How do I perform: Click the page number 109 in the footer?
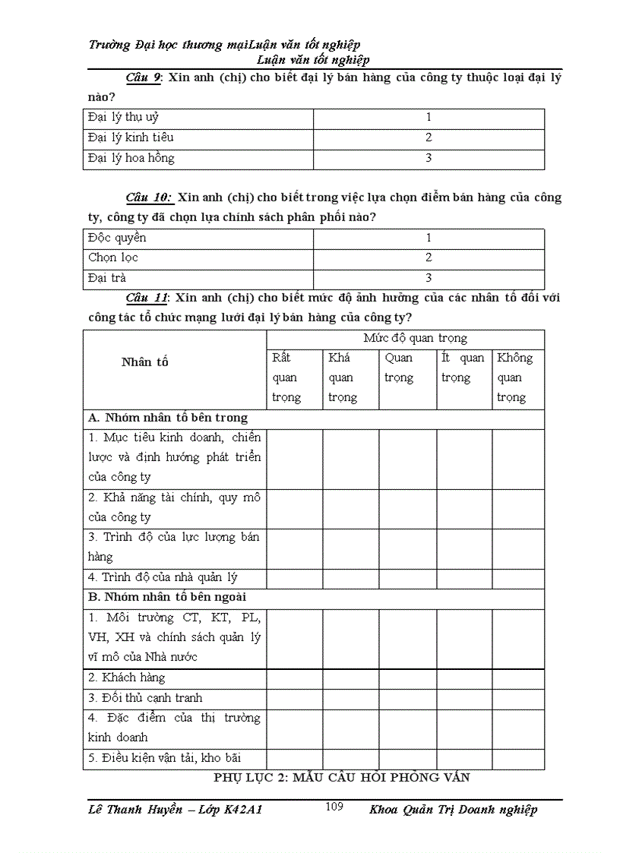334,807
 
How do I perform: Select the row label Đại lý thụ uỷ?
123,118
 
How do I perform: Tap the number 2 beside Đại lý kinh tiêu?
429,137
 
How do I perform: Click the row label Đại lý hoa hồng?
131,158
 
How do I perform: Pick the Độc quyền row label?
117,238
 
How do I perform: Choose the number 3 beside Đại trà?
429,278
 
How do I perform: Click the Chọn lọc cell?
113,257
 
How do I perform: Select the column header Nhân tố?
144,362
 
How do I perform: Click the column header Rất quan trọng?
286,378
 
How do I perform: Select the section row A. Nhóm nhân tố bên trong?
168,418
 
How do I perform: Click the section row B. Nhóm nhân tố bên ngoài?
167,597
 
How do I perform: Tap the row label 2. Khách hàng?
127,678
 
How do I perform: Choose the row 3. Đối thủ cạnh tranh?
145,697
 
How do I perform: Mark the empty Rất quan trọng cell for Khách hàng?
294,678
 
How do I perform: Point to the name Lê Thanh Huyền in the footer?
135,810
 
